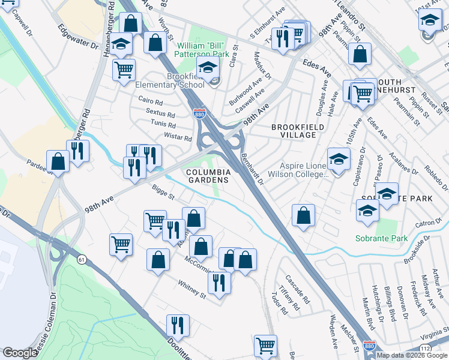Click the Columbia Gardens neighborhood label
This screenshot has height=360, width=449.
208,176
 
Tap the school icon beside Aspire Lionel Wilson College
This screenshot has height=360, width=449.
339,160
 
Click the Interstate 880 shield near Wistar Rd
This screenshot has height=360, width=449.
198,113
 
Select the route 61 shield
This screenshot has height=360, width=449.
80,259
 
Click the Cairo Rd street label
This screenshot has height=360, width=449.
151,102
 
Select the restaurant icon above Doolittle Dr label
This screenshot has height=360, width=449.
178,325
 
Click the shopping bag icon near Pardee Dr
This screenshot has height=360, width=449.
58,161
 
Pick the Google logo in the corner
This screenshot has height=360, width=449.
20,353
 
